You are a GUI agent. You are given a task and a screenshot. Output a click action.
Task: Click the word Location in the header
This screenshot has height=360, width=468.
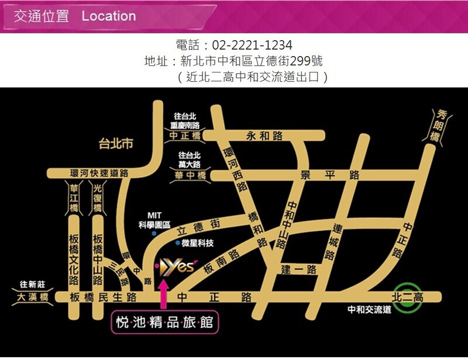coord(109,16)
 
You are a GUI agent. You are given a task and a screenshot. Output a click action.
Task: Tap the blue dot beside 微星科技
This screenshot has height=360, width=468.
coord(178,242)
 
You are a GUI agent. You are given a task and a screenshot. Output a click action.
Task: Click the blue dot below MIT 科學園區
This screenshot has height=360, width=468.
coord(154,233)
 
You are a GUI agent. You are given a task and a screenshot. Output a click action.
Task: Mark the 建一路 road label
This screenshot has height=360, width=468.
coord(298,269)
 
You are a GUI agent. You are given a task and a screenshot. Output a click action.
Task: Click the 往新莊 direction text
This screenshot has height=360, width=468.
coord(32,285)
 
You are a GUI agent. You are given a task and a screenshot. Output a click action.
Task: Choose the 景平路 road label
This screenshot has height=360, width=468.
coord(329,174)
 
